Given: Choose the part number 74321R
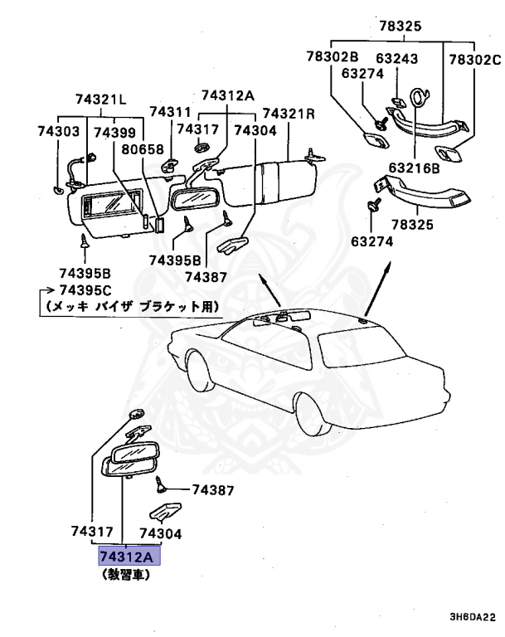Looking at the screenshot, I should coord(289,113).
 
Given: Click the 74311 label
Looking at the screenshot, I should coord(170,112).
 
